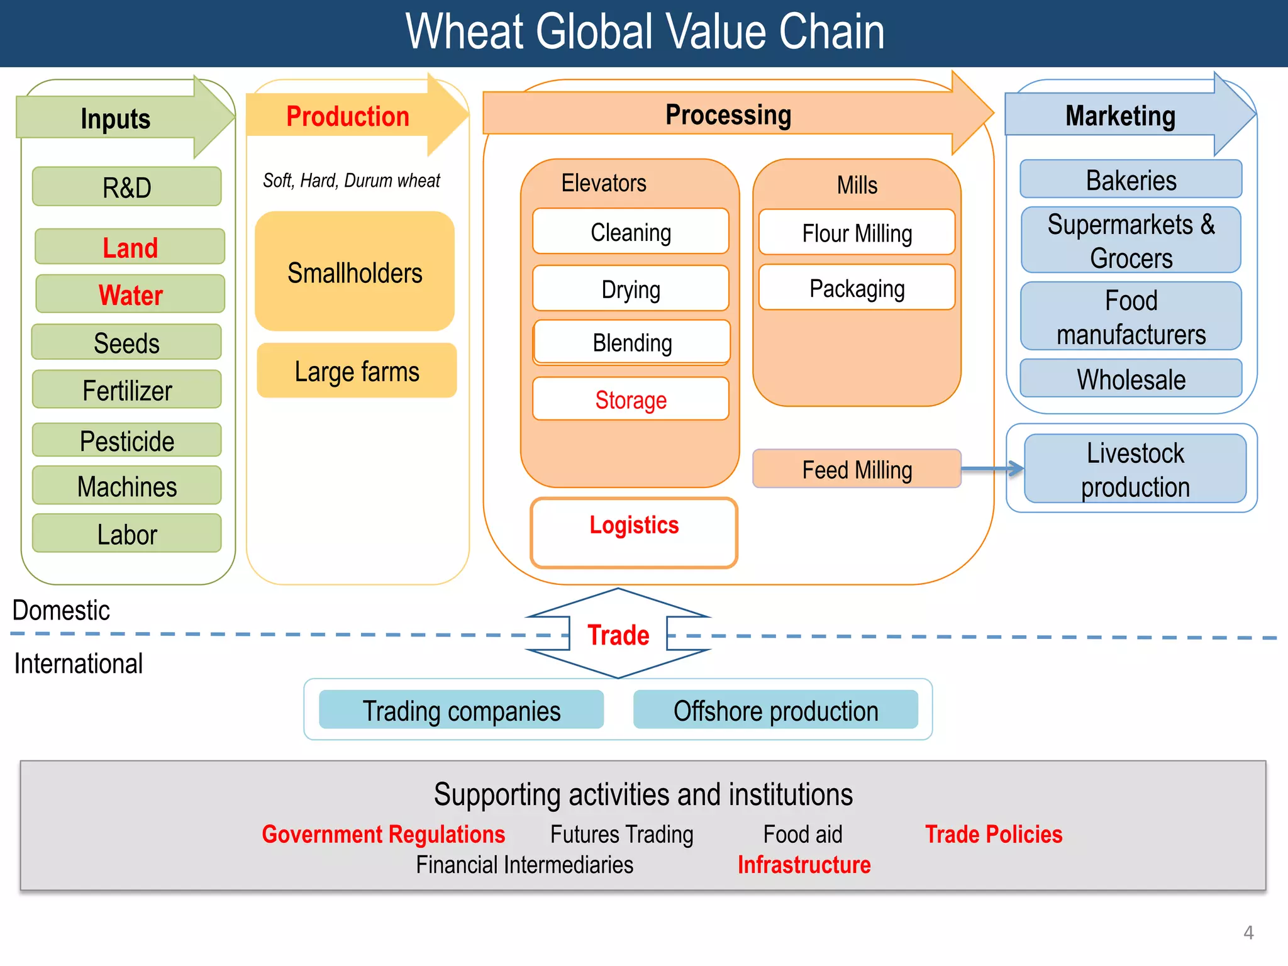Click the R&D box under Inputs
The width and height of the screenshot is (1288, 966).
127,187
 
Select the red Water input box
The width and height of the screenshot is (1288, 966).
130,294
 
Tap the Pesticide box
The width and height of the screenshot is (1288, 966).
127,440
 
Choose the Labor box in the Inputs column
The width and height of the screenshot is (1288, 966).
127,534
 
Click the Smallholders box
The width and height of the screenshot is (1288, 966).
355,272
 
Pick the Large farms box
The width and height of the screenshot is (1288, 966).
357,371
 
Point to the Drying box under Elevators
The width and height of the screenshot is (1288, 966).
631,289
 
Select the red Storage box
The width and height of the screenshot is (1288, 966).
631,399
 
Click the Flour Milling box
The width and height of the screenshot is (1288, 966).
857,233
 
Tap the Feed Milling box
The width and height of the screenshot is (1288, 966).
857,469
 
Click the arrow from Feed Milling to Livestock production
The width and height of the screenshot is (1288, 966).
992,469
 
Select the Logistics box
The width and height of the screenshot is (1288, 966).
634,533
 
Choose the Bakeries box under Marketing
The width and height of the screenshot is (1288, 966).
1131,180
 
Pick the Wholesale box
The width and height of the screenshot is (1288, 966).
1131,379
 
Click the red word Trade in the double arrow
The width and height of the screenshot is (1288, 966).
618,635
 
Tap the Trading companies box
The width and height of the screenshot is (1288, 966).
461,710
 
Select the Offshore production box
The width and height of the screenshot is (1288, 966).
775,710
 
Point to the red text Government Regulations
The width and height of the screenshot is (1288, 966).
383,834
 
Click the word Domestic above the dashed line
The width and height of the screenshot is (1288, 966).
61,610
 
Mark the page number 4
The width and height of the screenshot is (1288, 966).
1248,932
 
